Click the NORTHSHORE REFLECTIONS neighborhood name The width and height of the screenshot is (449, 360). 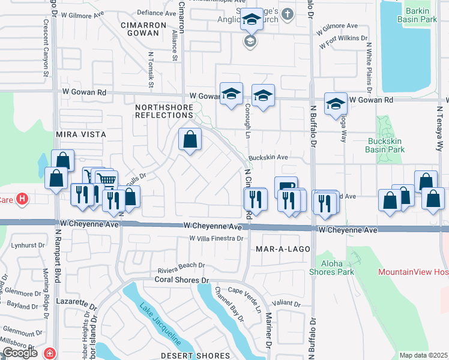tap(164, 112)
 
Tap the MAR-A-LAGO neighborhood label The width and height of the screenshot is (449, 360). tap(283, 248)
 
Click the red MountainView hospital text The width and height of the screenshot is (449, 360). tap(413, 272)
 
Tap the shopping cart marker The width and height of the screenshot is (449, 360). tap(106, 178)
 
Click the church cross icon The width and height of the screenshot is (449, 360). tap(287, 14)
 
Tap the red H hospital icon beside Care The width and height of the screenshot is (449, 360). tap(22, 198)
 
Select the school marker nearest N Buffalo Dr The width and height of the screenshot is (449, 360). tap(336, 103)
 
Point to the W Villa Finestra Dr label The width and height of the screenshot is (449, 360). tap(215, 238)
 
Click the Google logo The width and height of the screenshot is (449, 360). tap(20, 352)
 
